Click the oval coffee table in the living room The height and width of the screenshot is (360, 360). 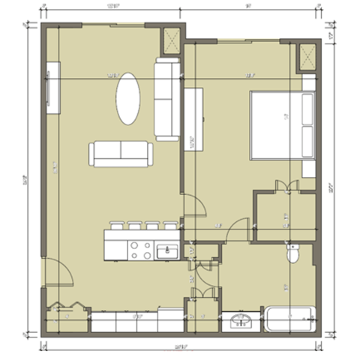click(127, 98)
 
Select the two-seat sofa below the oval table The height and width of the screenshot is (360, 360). click(121, 154)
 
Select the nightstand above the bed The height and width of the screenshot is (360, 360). click(308, 81)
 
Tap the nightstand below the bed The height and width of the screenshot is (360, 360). click(308, 168)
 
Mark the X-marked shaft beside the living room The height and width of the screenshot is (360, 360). click(171, 40)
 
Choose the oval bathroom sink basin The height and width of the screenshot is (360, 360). click(241, 321)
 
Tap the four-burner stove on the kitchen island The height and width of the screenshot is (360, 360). click(140, 249)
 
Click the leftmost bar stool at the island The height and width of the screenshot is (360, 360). click(116, 224)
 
